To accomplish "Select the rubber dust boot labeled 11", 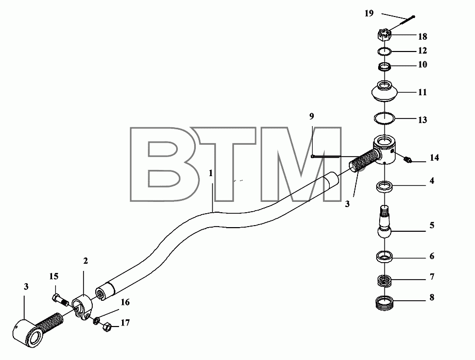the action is [x=384, y=92].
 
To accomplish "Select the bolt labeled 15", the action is [x=61, y=300].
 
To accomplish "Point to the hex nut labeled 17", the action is [x=106, y=327].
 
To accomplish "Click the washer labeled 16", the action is [x=96, y=320].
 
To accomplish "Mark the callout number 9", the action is [x=312, y=116].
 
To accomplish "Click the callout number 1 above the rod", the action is [x=211, y=174].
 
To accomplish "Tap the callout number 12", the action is [x=422, y=50].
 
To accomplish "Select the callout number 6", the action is [x=432, y=256].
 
